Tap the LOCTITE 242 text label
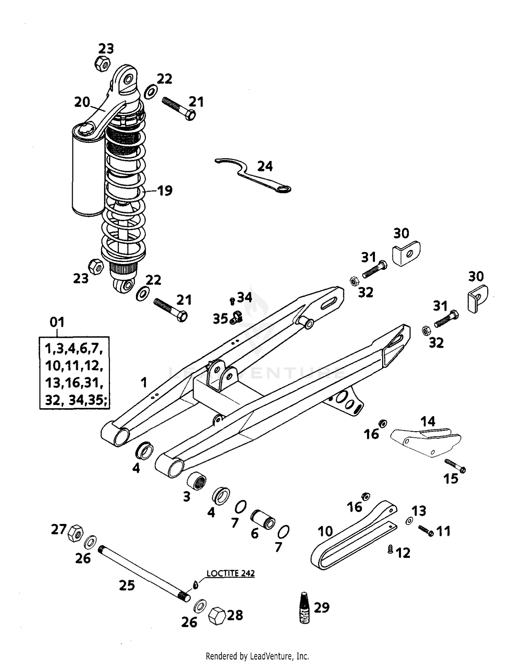pos(230,573)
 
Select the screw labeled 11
pos(426,531)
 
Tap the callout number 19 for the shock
pos(165,191)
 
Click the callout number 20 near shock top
pos(82,102)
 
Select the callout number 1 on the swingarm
pos(144,382)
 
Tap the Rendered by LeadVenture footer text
pos(257,656)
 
